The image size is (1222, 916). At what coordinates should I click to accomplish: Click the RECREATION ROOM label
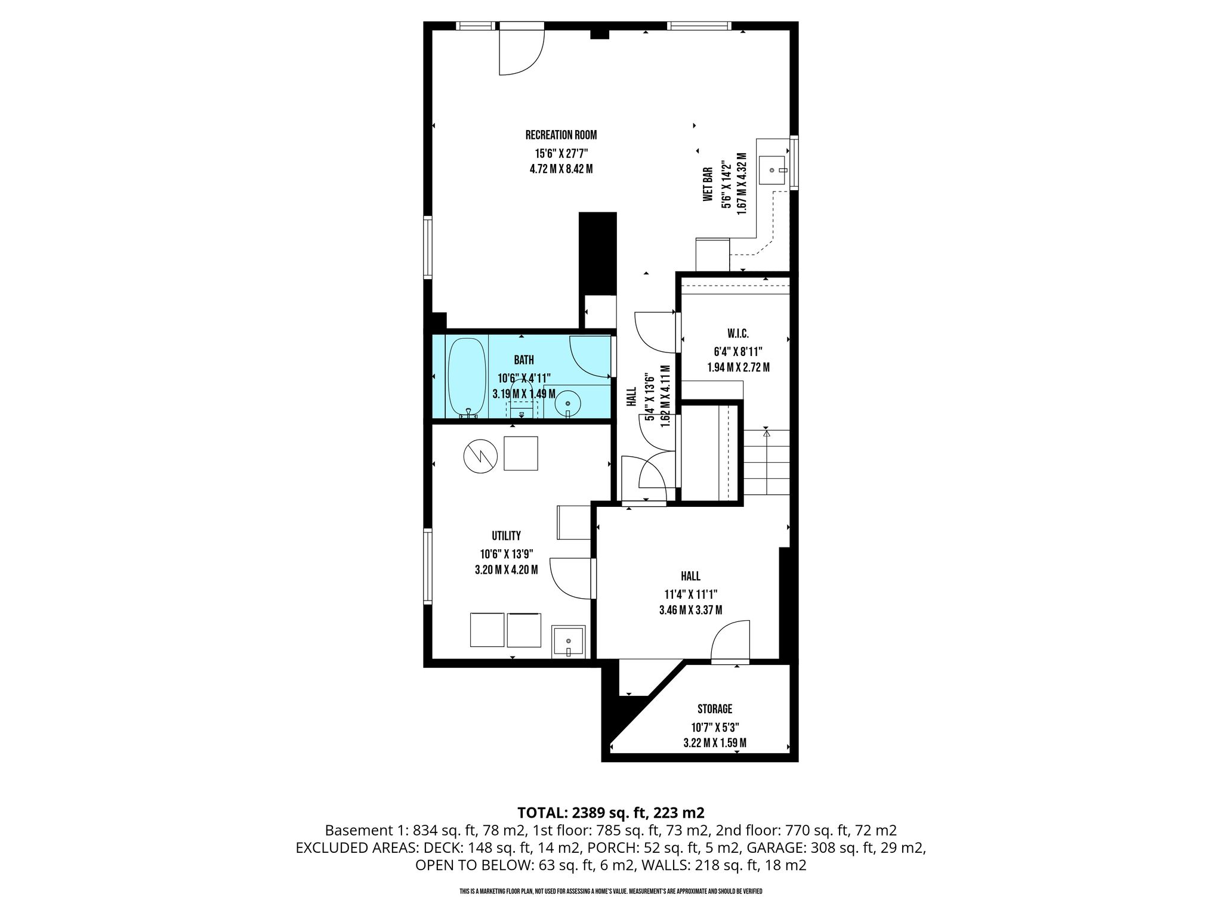pos(561,135)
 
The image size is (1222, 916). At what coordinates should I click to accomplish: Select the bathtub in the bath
pos(468,377)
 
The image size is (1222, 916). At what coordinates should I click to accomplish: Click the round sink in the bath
pos(567,404)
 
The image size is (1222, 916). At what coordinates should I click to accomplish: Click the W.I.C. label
pos(738,335)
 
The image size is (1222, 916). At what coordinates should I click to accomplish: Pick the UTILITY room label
pos(506,536)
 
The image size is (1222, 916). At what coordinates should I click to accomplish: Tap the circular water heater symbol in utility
pos(480,456)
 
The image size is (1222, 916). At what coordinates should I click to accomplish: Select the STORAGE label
pos(715,709)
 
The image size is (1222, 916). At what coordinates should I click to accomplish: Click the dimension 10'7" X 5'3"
pos(715,726)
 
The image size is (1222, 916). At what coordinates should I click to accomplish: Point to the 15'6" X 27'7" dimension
pos(561,153)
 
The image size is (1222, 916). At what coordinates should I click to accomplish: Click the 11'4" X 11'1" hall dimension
pos(690,594)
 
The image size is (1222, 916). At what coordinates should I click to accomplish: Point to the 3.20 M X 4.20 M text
pos(506,570)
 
